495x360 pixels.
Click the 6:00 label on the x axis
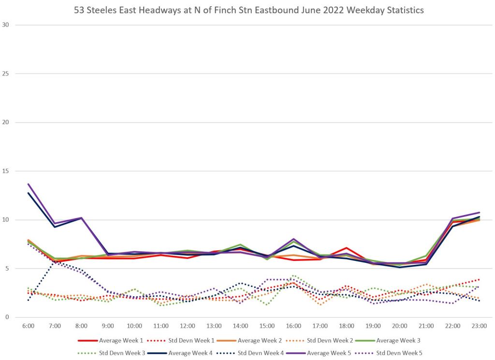pyautogui.click(x=29, y=327)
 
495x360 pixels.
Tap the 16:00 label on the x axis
pyautogui.click(x=294, y=327)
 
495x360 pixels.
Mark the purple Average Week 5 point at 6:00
pyautogui.click(x=29, y=184)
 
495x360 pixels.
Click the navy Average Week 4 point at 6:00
pyautogui.click(x=29, y=193)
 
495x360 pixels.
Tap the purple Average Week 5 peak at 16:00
pyautogui.click(x=294, y=239)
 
